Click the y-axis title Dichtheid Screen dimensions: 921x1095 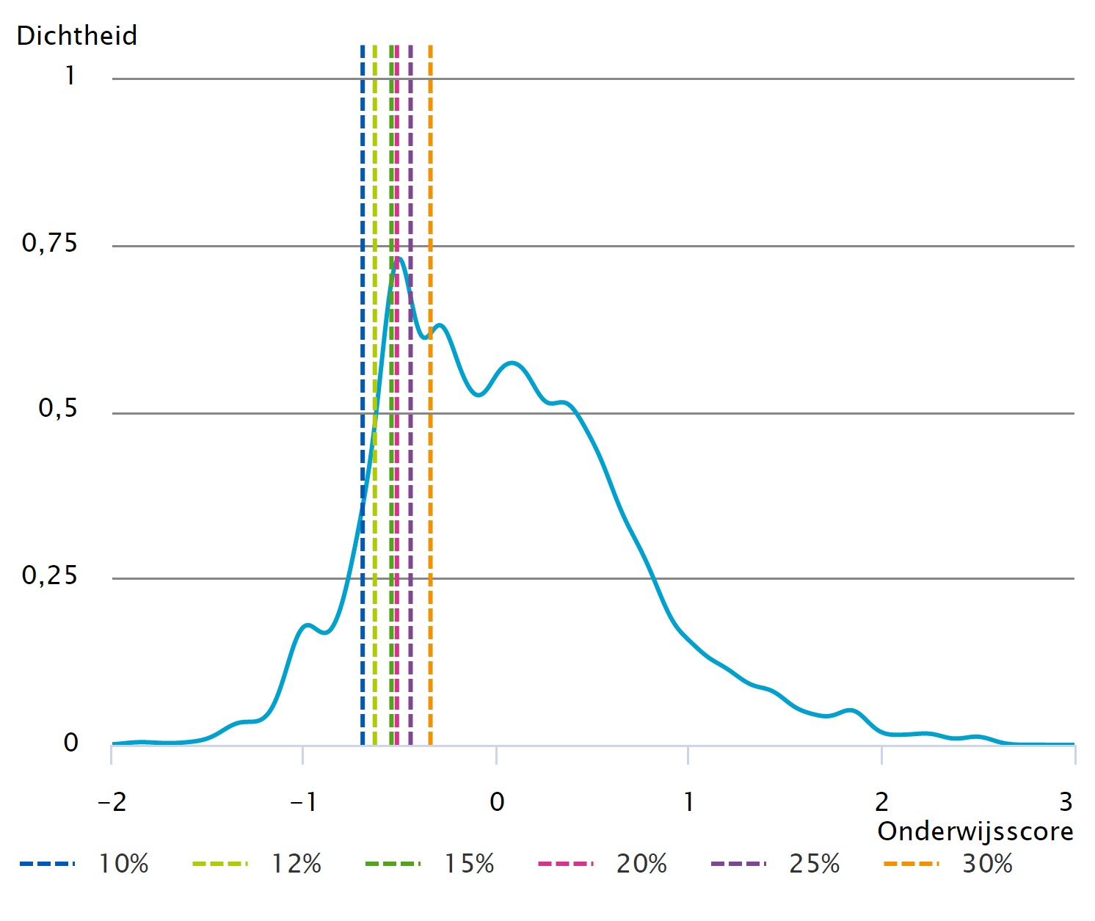76,35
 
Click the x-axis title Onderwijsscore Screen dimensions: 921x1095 975,831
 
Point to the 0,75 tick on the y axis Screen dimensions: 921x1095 49,243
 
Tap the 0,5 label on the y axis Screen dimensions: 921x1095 57,409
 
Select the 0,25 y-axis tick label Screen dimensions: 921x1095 49,575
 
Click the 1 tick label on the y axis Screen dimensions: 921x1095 70,76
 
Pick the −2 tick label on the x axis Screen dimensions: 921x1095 112,802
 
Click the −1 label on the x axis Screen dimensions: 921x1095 303,802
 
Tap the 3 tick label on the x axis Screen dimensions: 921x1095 1066,802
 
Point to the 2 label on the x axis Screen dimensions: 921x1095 881,802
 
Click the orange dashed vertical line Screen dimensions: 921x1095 430,183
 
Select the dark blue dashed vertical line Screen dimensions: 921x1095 363,183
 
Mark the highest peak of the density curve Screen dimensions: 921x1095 399,258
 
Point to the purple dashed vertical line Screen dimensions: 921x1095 410,183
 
